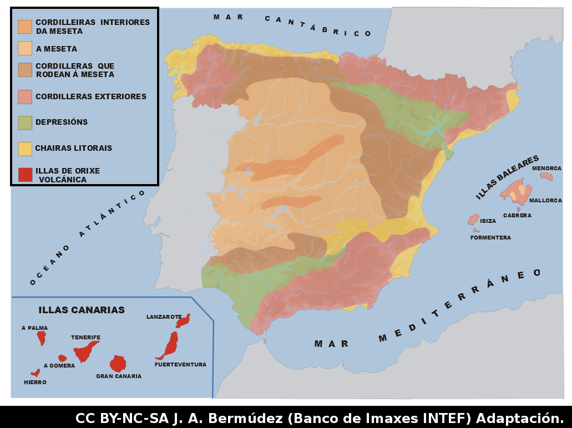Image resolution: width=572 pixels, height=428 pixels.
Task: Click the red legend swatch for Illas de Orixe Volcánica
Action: pos(25,175)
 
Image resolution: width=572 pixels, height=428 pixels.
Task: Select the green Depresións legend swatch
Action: pos(25,122)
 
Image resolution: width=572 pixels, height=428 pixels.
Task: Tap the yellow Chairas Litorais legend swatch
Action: pos(25,148)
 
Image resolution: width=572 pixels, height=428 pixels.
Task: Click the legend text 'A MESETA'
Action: pos(57,49)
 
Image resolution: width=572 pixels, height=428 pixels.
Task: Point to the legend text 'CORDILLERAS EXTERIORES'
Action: pos(91,96)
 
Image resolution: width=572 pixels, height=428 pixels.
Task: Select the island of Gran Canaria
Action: pos(118,364)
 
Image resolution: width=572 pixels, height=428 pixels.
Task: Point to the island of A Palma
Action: pos(41,338)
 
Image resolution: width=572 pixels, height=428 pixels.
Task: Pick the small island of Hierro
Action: pos(36,373)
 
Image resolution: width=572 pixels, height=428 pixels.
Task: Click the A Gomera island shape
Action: pos(62,358)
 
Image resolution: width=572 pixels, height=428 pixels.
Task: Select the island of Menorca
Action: pos(546,176)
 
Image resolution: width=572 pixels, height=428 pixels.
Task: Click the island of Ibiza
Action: pos(473,220)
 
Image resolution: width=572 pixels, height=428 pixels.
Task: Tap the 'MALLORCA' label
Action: pos(545,201)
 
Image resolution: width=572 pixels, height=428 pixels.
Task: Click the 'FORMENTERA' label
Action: pos(490,238)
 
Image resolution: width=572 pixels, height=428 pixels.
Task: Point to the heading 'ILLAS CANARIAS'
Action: pos(82,310)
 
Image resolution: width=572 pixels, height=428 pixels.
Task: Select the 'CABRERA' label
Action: pos(517,216)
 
